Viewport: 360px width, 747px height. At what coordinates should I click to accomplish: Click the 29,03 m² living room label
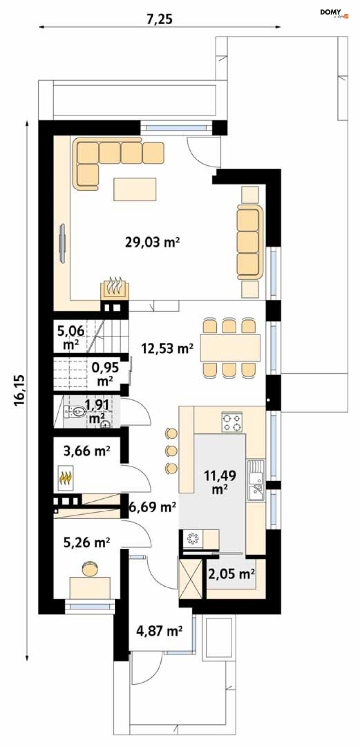click(x=152, y=242)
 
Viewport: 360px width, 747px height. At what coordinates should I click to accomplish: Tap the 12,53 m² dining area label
click(x=167, y=348)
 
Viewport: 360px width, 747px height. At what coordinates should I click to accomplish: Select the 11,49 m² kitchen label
click(x=220, y=482)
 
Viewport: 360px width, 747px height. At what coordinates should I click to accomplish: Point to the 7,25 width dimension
click(x=159, y=19)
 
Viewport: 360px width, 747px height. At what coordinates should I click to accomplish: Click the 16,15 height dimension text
click(x=20, y=390)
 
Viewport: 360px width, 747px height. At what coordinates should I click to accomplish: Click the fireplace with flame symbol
click(x=115, y=288)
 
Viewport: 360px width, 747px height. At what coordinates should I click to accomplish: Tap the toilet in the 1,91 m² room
click(x=77, y=412)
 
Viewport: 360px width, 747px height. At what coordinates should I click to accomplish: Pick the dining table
click(x=230, y=348)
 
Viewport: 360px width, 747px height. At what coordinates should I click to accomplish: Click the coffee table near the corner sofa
click(x=135, y=189)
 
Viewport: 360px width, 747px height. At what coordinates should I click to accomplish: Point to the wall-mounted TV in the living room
click(x=63, y=244)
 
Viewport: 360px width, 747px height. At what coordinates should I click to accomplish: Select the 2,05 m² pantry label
click(x=231, y=574)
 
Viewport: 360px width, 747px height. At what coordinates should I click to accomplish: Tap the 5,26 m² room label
click(x=86, y=543)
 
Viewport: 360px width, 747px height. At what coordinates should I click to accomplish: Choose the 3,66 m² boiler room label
click(x=86, y=451)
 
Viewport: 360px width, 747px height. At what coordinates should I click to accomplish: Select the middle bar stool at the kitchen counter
click(x=171, y=451)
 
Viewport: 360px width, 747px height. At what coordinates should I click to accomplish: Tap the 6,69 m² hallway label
click(x=152, y=507)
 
